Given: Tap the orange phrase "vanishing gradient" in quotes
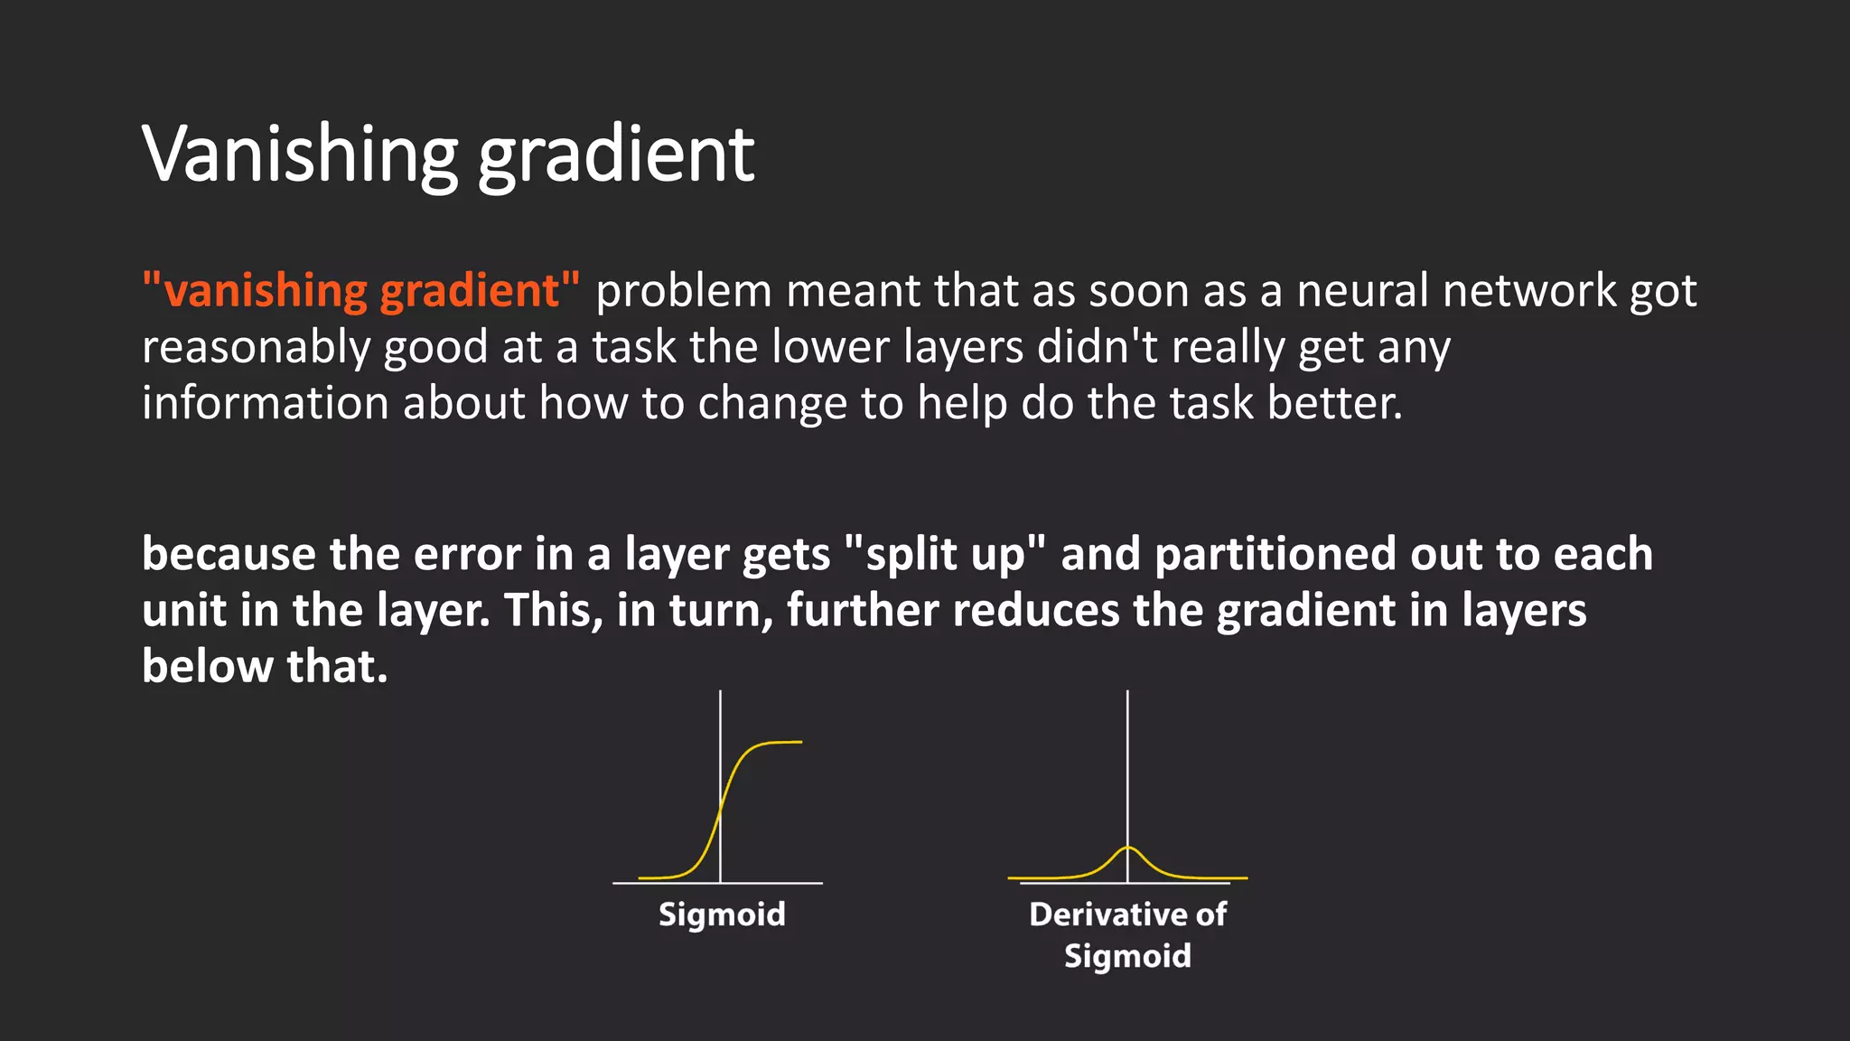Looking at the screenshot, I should pyautogui.click(x=361, y=291).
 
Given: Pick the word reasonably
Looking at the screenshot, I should pyautogui.click(x=256, y=349).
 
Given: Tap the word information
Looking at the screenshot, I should pyautogui.click(x=266, y=403).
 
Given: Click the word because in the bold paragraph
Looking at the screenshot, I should pyautogui.click(x=229, y=555).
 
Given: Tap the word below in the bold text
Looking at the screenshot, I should pyautogui.click(x=207, y=667).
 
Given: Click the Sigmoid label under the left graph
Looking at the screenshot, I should pyautogui.click(x=722, y=914).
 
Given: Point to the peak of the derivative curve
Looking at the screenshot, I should pyautogui.click(x=1127, y=848).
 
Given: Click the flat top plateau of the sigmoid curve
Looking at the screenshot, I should pyautogui.click(x=779, y=743).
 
